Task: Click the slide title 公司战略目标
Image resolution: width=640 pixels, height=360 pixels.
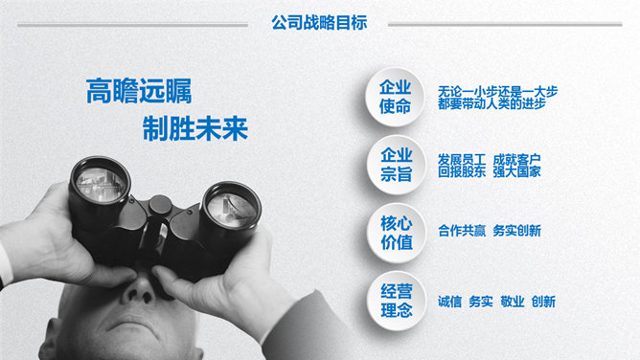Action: coord(319,23)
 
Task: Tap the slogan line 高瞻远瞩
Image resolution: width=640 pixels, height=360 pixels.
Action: coord(139,91)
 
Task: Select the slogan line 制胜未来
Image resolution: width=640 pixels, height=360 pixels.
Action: coord(195,128)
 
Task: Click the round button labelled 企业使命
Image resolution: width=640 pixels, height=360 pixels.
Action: coord(395,97)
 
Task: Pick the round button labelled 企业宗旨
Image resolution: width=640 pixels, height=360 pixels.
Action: coord(396,165)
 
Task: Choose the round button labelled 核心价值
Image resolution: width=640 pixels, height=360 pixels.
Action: coord(397,233)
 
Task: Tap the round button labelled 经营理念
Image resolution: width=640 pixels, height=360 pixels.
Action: coord(397,301)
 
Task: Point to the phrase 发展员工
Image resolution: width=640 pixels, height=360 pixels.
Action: coord(462,159)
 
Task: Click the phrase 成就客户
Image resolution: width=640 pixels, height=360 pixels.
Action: coord(516,159)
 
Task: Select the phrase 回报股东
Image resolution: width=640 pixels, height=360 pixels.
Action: coord(462,171)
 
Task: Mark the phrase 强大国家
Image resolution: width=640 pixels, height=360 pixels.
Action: coord(516,171)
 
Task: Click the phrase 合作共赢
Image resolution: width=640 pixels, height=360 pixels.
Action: coord(462,231)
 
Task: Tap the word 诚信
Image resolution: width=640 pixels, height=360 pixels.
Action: coord(449,302)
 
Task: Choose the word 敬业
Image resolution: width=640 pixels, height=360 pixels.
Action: coord(513,302)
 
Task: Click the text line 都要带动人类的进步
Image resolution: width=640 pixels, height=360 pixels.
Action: coord(491,104)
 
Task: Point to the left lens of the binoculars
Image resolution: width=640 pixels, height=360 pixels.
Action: coord(101,185)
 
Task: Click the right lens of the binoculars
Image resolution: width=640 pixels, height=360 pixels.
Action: coord(232,210)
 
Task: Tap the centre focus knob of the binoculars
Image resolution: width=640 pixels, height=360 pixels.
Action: coord(160,205)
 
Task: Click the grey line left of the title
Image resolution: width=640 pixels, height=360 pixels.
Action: coord(132,25)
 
